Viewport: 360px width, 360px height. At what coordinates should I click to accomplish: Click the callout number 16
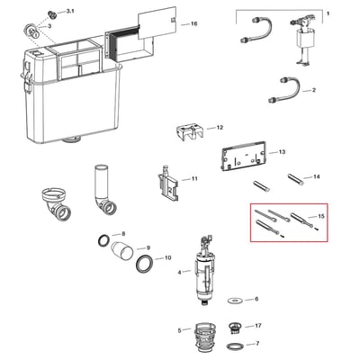coord(194,23)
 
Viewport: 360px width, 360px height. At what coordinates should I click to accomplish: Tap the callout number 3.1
coord(70,11)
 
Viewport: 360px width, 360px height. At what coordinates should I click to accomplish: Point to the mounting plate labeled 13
coord(243,155)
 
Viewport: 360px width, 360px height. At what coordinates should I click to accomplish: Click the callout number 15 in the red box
coord(321,216)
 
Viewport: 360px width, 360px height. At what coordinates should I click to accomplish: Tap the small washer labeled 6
coord(235,301)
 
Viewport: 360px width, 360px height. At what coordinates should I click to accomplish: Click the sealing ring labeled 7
coord(236,346)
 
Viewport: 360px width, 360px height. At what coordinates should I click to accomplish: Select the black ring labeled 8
coord(104,240)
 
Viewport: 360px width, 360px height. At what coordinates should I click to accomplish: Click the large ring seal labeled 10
coord(145,264)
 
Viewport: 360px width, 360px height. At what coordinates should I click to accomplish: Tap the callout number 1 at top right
coord(328,13)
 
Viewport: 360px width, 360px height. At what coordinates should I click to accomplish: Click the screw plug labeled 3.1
coord(52,14)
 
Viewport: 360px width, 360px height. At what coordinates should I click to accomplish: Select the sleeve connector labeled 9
coord(121,249)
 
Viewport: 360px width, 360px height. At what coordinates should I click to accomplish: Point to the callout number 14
coord(316,176)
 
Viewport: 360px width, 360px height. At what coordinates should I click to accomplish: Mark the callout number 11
coord(194,179)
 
